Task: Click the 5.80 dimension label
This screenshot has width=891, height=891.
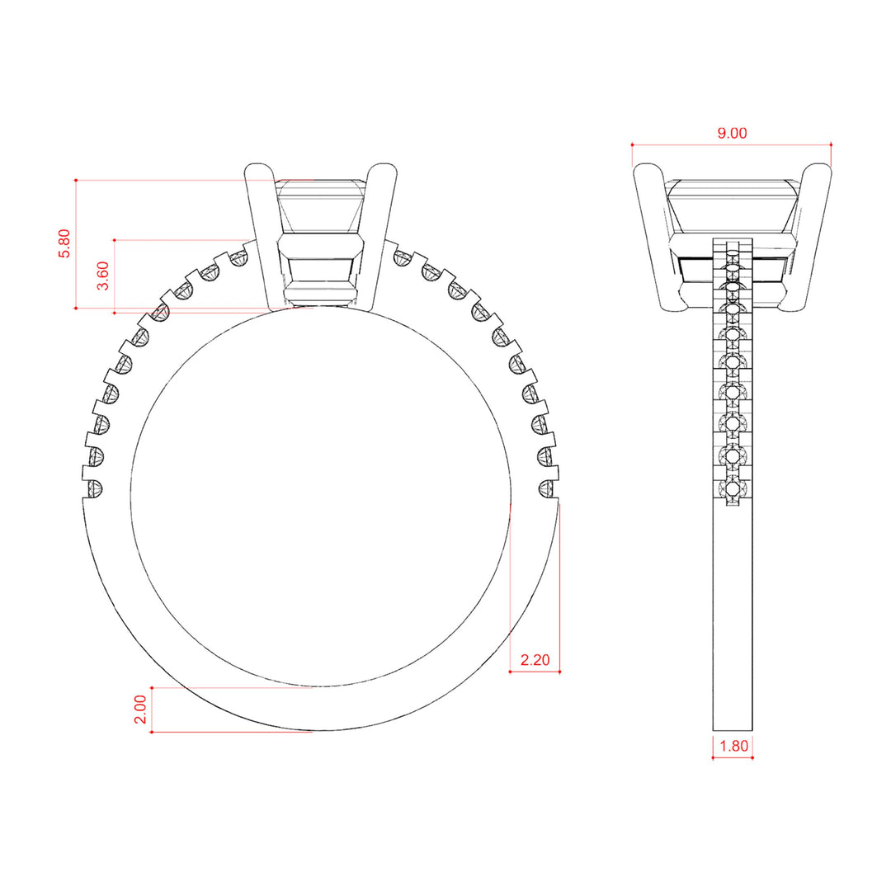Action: [x=65, y=243]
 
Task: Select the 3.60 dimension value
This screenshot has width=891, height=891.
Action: [x=103, y=276]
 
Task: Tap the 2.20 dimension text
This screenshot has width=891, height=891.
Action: [x=535, y=660]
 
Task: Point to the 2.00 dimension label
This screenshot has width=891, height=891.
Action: [x=140, y=709]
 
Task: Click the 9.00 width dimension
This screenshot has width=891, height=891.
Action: [x=732, y=133]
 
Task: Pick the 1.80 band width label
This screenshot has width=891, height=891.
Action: [x=734, y=746]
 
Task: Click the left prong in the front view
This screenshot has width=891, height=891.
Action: [x=264, y=236]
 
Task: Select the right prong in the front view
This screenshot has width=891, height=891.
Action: [x=379, y=236]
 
